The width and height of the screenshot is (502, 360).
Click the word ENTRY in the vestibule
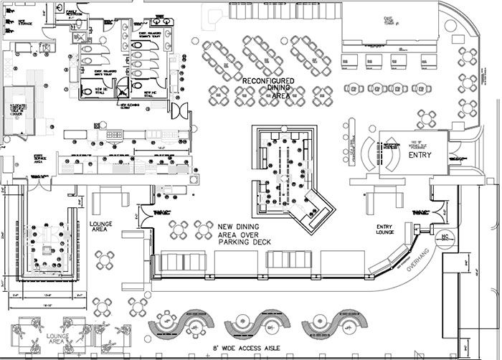click(418, 155)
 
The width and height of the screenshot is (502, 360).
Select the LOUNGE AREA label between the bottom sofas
click(57, 338)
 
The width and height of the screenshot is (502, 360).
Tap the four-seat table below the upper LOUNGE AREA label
click(105, 258)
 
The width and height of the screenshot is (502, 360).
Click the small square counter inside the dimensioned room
click(48, 251)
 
